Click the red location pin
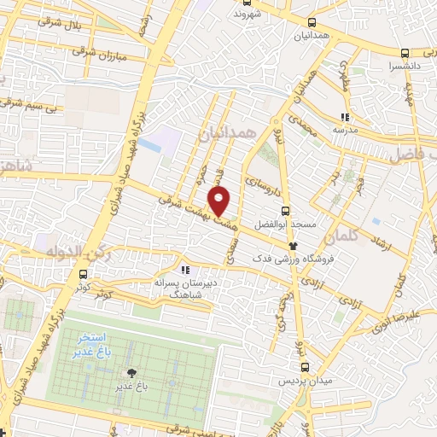click(219, 201)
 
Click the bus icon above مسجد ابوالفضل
click(286, 211)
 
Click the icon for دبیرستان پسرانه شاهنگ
click(174, 271)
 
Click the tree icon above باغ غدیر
click(131, 373)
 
